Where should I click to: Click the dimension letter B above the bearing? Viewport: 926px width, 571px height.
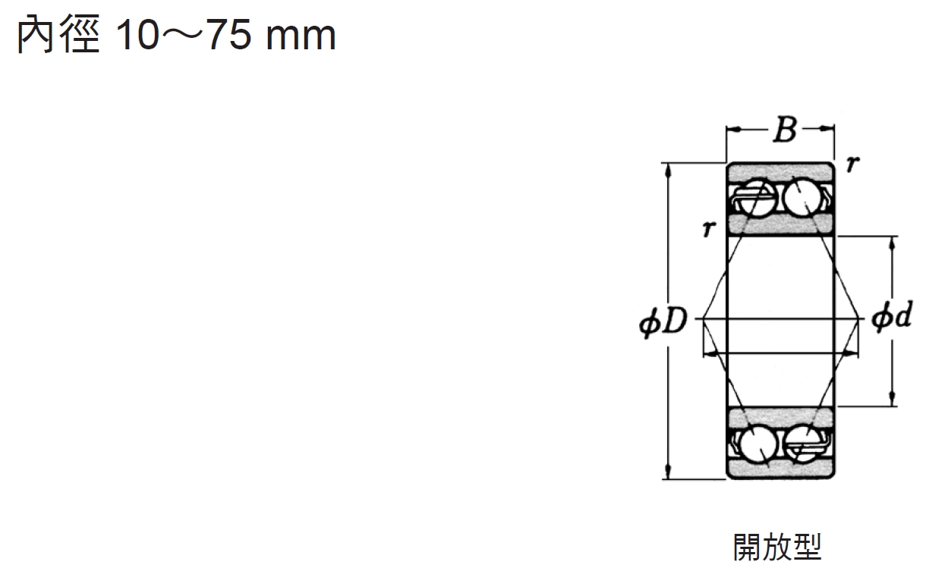click(785, 129)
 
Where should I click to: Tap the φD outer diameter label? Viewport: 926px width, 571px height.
click(663, 321)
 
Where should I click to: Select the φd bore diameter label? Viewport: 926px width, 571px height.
click(892, 316)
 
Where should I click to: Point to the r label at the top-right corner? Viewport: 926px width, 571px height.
click(853, 164)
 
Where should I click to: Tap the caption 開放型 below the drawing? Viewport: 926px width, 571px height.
click(777, 547)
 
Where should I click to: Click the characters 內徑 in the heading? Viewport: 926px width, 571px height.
click(58, 35)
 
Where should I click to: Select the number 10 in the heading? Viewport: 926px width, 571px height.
click(137, 36)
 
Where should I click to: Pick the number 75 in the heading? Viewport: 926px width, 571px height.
click(228, 36)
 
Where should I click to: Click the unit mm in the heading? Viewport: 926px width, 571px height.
click(301, 39)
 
